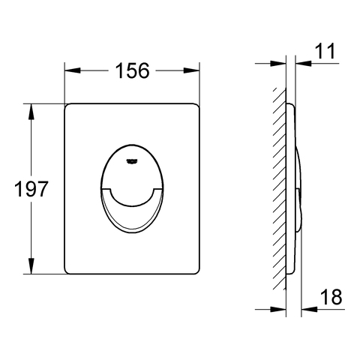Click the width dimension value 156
[x=132, y=70]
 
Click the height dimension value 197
[x=31, y=188]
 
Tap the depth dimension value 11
[x=325, y=51]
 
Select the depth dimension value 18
[x=331, y=297]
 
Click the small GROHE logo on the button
[x=131, y=162]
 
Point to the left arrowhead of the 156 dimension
[x=73, y=70]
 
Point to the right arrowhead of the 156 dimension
[x=192, y=70]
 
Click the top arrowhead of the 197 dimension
[x=31, y=112]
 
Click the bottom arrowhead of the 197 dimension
[x=31, y=266]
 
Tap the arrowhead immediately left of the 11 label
[x=303, y=63]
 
